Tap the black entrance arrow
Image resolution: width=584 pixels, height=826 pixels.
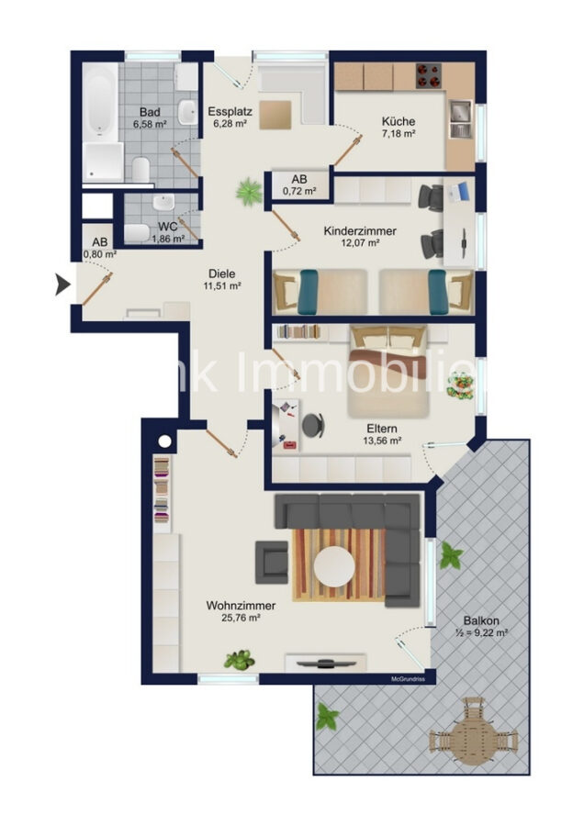tap(62, 285)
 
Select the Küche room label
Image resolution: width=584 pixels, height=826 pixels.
tap(399, 121)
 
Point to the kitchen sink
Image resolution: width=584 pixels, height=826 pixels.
tap(458, 117)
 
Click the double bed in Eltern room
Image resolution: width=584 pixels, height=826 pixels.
tap(389, 372)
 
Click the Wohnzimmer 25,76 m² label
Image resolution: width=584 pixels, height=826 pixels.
tap(232, 610)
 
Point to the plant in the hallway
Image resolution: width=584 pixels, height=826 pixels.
tap(248, 192)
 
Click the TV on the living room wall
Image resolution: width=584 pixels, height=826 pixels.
tap(326, 662)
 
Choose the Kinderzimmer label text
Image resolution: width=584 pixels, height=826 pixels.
tap(360, 231)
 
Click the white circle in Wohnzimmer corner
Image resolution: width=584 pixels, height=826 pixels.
tap(164, 441)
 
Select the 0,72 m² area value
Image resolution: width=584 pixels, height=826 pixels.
tap(299, 192)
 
